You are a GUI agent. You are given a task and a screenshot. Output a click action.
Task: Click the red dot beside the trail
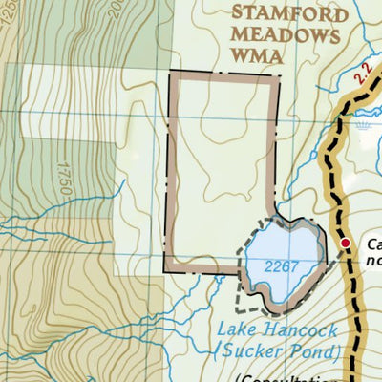click(346, 245)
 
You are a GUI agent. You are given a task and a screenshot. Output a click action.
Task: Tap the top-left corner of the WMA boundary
click(172, 74)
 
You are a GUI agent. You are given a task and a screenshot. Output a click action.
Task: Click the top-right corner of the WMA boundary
click(277, 75)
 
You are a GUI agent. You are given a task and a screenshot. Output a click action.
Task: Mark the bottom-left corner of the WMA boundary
click(167, 270)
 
